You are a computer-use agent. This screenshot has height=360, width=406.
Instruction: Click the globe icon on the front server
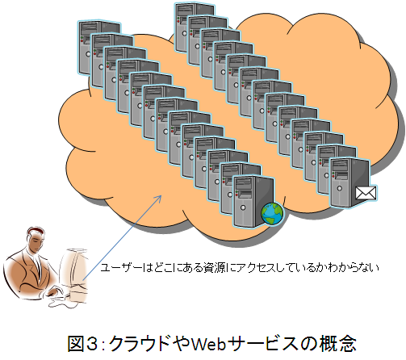pyautogui.click(x=272, y=214)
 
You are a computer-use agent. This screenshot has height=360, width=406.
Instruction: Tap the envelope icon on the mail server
pyautogui.click(x=366, y=193)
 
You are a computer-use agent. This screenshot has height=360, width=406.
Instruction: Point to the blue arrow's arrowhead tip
pyautogui.click(x=161, y=195)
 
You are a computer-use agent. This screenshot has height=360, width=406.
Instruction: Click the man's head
pyautogui.click(x=35, y=240)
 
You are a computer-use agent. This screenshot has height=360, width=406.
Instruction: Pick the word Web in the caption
pyautogui.click(x=208, y=344)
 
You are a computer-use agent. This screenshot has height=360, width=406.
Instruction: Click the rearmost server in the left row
pyautogui.click(x=99, y=46)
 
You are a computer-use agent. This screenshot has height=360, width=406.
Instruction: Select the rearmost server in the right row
pyautogui.click(x=195, y=27)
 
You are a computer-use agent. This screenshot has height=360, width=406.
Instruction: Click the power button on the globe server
pyautogui.click(x=243, y=207)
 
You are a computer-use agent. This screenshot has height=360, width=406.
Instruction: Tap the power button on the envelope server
pyautogui.click(x=340, y=188)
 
